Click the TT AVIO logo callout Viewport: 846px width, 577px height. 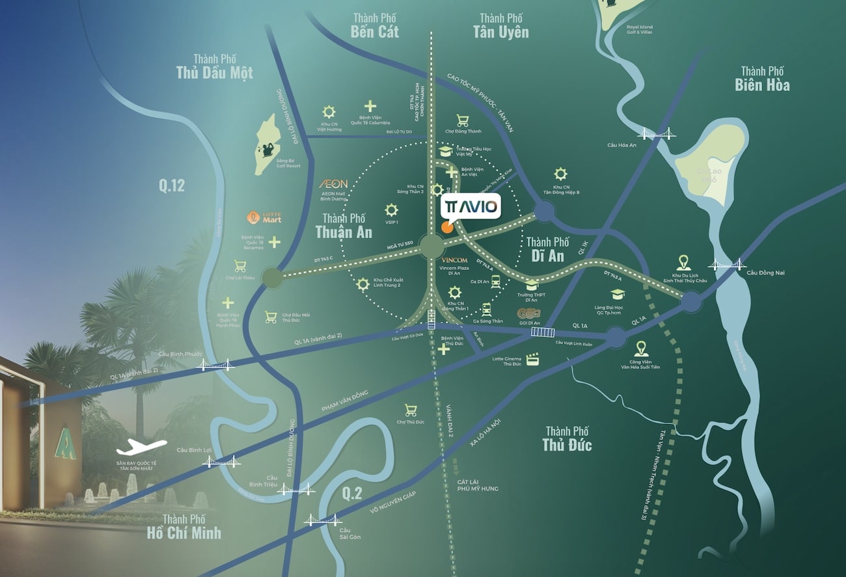(471, 208)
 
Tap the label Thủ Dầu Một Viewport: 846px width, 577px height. (214, 72)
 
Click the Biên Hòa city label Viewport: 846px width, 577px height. (762, 85)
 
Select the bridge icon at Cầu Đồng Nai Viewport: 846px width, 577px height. (727, 264)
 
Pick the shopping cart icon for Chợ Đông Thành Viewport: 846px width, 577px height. (463, 120)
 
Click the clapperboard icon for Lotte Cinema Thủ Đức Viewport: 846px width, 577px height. (534, 358)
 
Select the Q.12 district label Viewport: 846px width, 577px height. (172, 186)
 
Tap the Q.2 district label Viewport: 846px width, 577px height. (351, 493)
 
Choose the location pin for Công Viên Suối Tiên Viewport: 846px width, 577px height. (640, 348)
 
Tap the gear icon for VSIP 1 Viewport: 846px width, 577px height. (391, 210)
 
